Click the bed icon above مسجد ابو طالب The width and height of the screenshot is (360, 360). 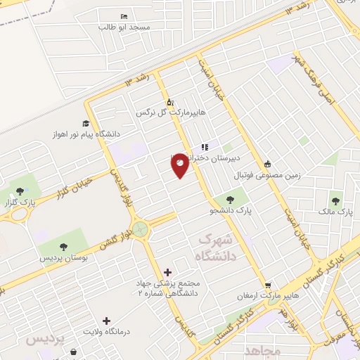[124, 15]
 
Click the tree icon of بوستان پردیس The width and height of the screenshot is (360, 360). [64, 247]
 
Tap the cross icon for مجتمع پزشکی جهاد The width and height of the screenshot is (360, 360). [167, 272]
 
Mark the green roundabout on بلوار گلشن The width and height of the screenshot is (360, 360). [141, 229]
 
